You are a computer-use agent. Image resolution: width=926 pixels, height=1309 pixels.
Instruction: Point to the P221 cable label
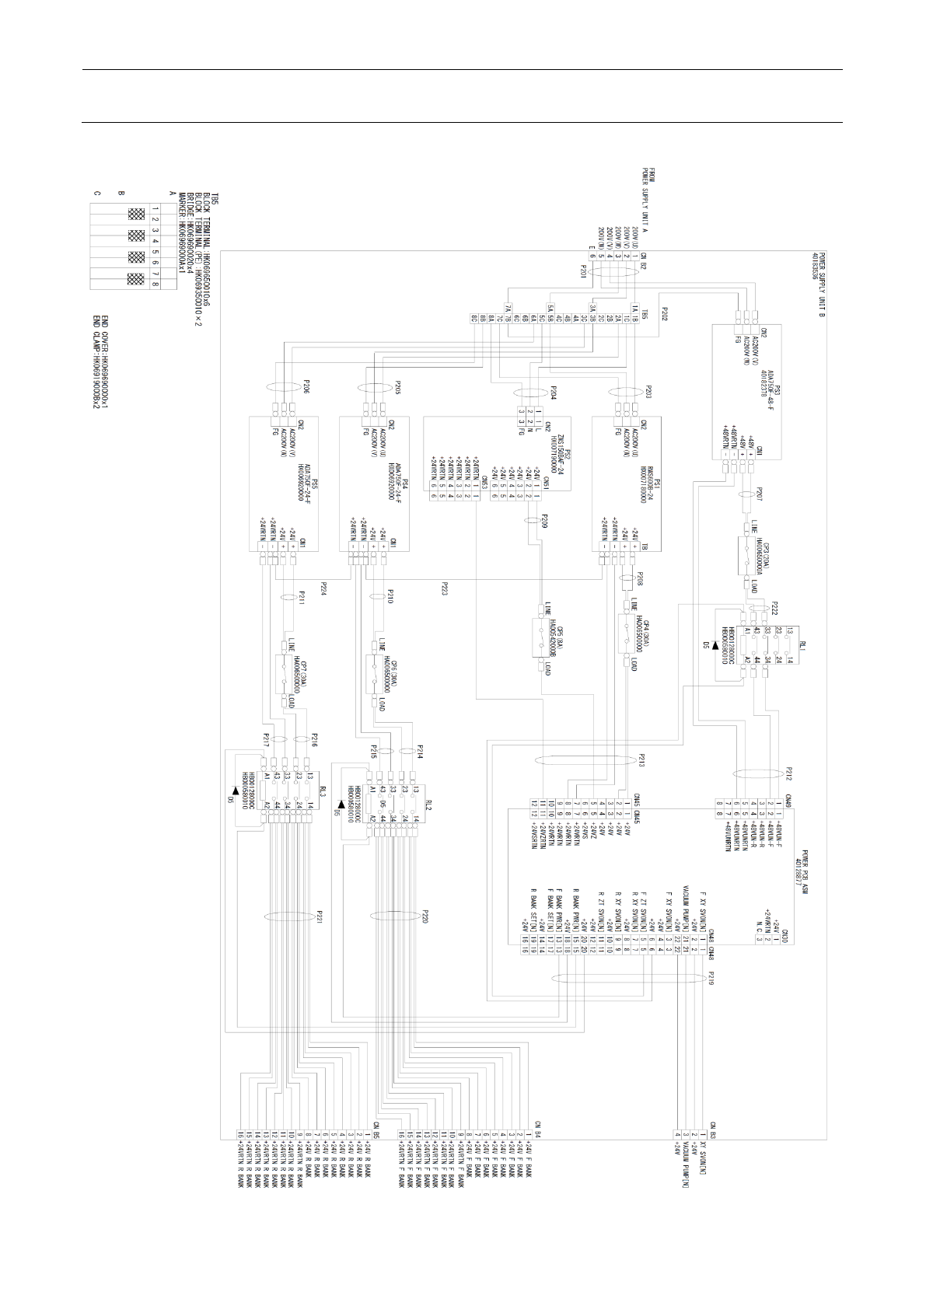pyautogui.click(x=319, y=917)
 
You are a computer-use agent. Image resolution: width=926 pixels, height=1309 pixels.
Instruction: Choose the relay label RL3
pyautogui.click(x=322, y=792)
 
